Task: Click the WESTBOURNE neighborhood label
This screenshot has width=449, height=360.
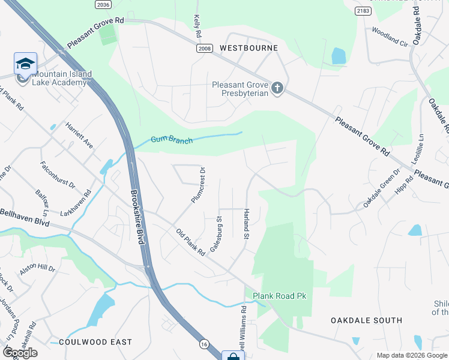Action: tap(249, 47)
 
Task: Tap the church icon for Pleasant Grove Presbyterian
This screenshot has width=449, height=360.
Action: tap(277, 88)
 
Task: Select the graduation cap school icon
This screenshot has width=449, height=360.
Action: tap(25, 64)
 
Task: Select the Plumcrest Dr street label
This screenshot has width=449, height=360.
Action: tap(199, 185)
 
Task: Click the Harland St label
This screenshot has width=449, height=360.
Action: tap(246, 224)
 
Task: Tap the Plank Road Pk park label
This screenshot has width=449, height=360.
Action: tap(279, 296)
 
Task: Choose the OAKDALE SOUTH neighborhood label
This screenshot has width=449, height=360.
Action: tap(366, 320)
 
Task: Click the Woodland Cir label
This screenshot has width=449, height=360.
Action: tap(390, 37)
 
